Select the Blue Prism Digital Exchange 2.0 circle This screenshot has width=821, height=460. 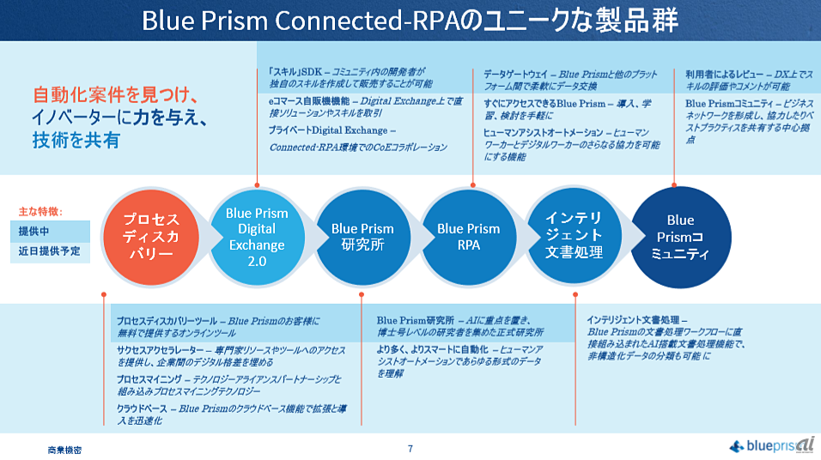[x=257, y=237]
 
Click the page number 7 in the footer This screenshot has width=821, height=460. [x=410, y=448]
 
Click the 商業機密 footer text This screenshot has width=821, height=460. [x=65, y=449]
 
